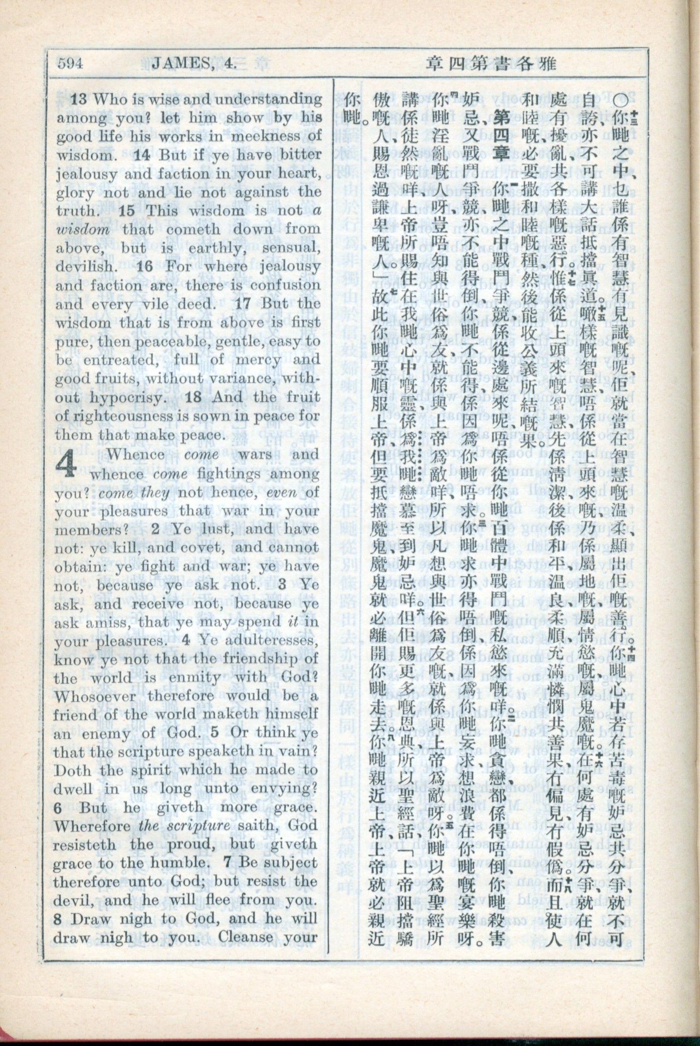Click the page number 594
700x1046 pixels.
[70, 64]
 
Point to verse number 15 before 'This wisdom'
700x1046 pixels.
[126, 211]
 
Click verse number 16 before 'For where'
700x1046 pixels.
[145, 267]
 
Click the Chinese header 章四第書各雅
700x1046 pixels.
[491, 64]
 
